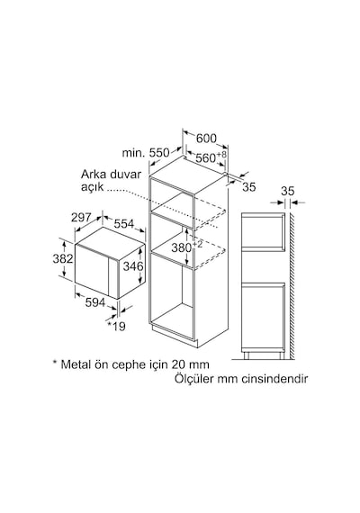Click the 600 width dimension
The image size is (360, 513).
206,139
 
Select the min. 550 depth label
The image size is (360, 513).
146,153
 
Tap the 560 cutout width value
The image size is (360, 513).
205,158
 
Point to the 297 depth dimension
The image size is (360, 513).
81,217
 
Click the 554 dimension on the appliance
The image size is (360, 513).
124,224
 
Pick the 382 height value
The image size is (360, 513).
63,258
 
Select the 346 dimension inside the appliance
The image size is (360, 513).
133,266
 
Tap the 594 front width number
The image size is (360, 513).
95,302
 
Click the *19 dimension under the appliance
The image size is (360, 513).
117,326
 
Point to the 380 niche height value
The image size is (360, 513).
182,248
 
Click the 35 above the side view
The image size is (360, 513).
288,191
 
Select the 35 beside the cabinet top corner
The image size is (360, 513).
249,187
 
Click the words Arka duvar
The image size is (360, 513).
111,174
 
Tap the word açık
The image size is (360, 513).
92,187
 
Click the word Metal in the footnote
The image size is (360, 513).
76,364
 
